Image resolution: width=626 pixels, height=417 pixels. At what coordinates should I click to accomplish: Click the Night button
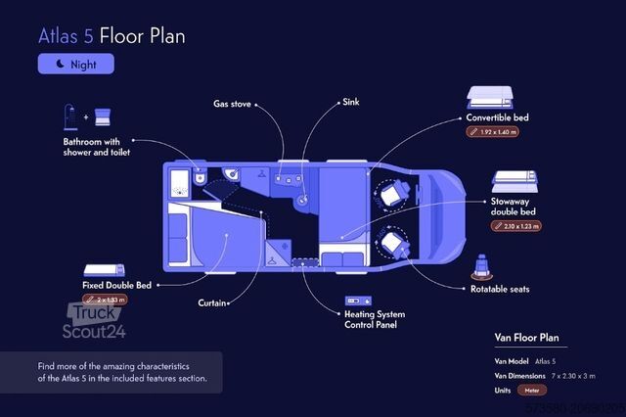pyautogui.click(x=76, y=64)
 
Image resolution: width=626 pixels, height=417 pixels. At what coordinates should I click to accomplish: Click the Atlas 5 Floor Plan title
pyautogui.click(x=112, y=36)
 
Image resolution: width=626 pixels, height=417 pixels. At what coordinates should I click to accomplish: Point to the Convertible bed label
pyautogui.click(x=498, y=117)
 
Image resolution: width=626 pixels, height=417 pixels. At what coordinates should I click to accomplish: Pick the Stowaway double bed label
pyautogui.click(x=516, y=207)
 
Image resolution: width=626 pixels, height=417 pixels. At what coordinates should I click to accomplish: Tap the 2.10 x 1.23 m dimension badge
pyautogui.click(x=515, y=226)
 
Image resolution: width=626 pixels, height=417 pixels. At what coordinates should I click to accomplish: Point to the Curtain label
pyautogui.click(x=213, y=302)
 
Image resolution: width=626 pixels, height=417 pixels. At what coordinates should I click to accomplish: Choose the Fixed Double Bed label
pyautogui.click(x=117, y=285)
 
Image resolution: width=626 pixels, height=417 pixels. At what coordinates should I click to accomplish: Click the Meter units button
pyautogui.click(x=532, y=390)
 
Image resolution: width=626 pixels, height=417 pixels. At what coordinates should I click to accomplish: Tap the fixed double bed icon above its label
pyautogui.click(x=102, y=269)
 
